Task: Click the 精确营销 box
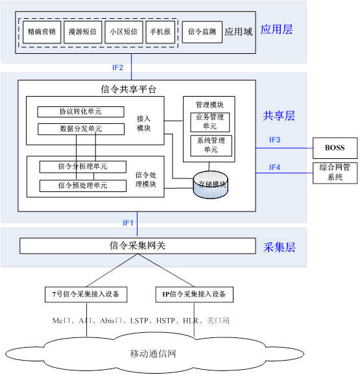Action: [x=42, y=32]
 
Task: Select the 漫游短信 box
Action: [x=82, y=32]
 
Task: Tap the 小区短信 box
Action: [x=124, y=32]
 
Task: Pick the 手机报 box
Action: [x=160, y=32]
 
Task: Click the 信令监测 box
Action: [x=202, y=32]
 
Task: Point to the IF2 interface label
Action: [x=117, y=67]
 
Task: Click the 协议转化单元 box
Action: [x=80, y=112]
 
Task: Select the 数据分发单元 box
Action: [x=81, y=129]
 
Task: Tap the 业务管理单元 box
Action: [x=210, y=122]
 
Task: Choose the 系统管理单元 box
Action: [x=211, y=145]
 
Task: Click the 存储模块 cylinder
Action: [x=211, y=185]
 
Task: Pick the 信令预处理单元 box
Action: [x=83, y=186]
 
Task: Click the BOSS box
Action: [x=335, y=148]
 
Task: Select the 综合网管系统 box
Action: [x=335, y=173]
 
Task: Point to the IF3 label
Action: [x=274, y=140]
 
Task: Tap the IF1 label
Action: [x=128, y=223]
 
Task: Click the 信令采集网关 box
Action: [x=138, y=246]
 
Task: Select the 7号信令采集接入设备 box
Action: [x=86, y=295]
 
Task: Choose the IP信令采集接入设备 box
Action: [x=195, y=295]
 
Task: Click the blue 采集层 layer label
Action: [x=280, y=247]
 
